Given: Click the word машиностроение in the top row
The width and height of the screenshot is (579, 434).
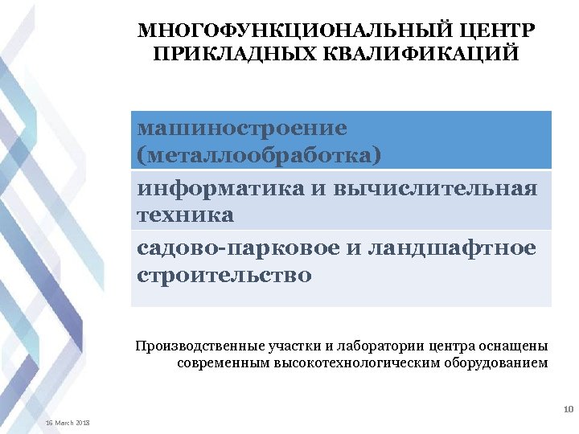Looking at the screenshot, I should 242,129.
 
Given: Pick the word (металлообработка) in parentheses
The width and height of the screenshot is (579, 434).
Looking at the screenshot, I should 259,154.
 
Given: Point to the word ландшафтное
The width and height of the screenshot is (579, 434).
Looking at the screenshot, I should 451,250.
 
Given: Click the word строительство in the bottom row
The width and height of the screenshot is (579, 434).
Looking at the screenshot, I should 224,276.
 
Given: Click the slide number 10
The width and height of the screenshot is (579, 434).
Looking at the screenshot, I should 568,411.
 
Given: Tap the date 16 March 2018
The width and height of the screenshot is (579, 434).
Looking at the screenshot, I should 68,423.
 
